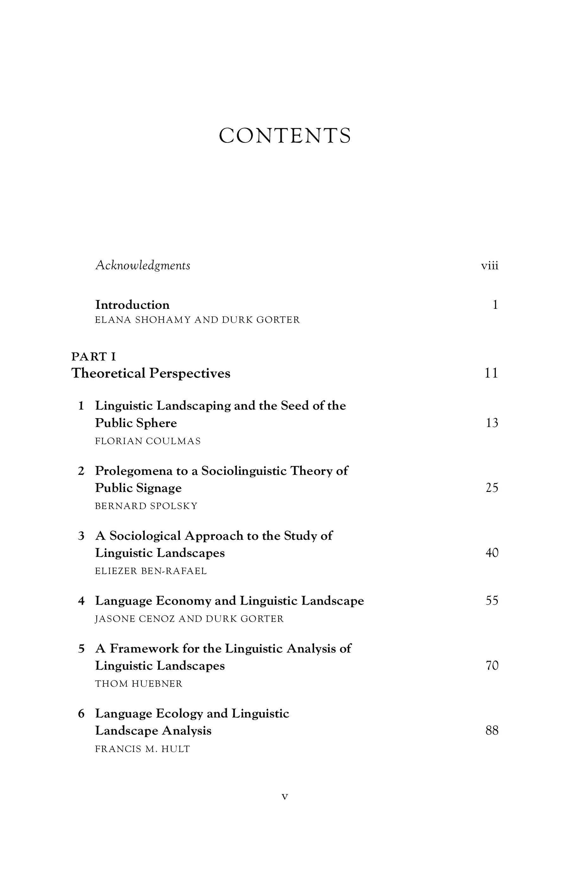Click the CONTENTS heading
click(285, 136)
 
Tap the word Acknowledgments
click(143, 265)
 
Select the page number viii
click(490, 266)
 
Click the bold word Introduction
click(132, 305)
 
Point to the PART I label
click(93, 357)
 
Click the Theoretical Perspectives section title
click(151, 373)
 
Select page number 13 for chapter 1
click(492, 423)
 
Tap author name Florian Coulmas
click(148, 441)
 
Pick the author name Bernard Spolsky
click(146, 506)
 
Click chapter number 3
click(81, 536)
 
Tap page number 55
click(492, 601)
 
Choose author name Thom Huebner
click(139, 684)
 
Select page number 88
click(492, 730)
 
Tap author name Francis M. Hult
click(142, 749)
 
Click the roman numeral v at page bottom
click(285, 796)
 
